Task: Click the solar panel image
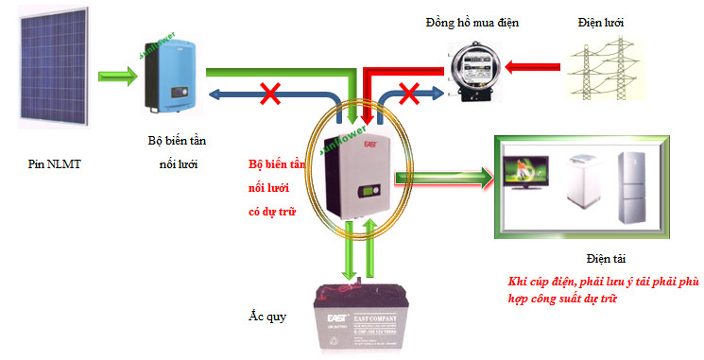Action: point(53,73)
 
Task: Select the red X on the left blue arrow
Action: point(270,94)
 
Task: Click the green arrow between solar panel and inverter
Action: point(116,73)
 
